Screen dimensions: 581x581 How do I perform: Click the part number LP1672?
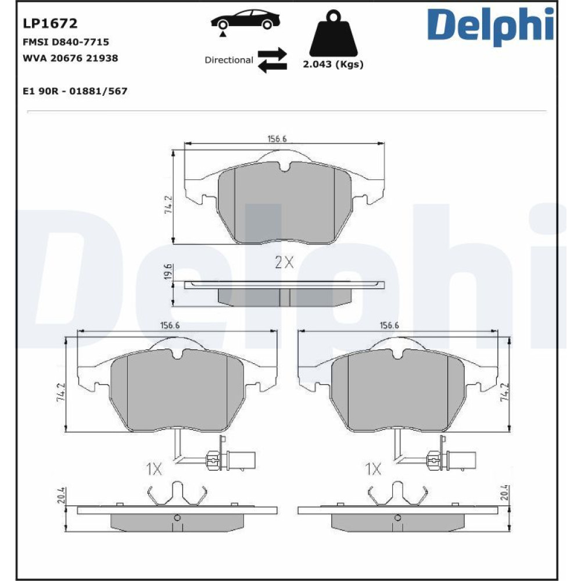50,23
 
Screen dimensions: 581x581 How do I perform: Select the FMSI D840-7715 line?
66,42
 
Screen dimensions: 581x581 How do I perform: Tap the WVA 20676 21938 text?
70,58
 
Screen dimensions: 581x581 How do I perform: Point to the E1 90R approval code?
75,91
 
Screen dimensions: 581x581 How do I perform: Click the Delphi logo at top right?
490,26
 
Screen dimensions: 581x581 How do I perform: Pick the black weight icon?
333,33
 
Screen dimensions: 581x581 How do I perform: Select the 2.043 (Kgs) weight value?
333,64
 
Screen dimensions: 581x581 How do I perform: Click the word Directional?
229,60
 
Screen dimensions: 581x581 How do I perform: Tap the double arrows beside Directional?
272,60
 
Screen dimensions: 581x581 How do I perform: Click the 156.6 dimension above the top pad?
277,139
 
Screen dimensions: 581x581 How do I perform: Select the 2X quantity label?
284,263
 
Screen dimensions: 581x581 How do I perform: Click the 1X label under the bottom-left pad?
154,469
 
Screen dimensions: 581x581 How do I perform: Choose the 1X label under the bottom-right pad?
374,469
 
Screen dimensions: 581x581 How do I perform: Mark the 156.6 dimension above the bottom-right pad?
389,326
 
